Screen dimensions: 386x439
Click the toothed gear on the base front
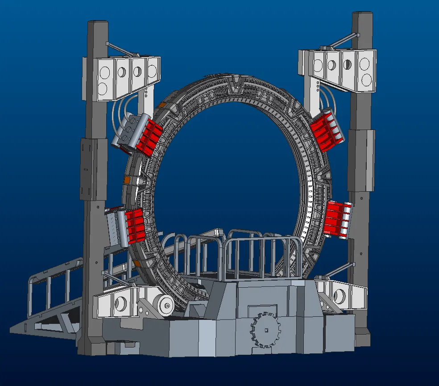266,330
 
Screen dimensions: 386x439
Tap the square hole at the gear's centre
266,330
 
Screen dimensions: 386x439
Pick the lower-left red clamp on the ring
134,226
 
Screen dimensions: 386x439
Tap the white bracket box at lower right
342,295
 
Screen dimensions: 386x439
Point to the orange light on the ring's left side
127,180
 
